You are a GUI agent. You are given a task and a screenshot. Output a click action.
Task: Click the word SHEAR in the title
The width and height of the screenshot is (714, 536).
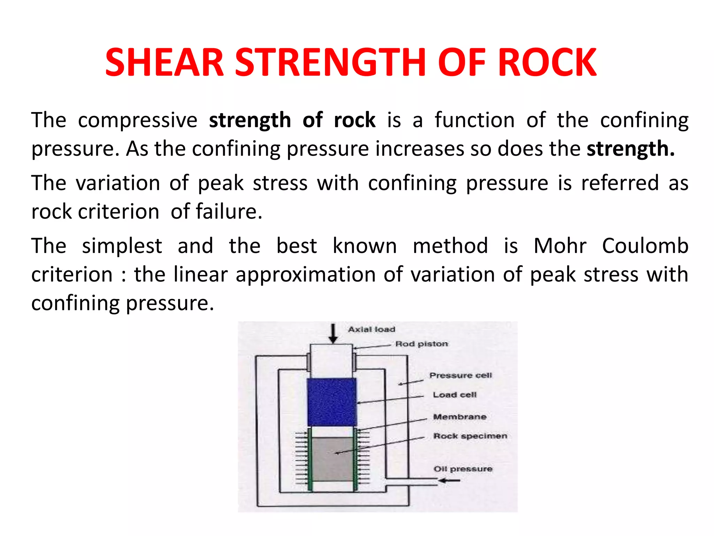coord(164,63)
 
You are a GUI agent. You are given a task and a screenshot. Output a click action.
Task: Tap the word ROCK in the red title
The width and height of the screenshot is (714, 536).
coord(547,63)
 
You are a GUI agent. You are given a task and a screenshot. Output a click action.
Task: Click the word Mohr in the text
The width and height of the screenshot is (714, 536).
coord(560,246)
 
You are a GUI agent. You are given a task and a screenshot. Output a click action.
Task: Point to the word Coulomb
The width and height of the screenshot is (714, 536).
coord(645,246)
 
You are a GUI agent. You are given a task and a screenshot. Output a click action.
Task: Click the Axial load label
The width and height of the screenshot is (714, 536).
coord(372,329)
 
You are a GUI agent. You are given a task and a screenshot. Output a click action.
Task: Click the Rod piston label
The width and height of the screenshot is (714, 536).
coord(421,344)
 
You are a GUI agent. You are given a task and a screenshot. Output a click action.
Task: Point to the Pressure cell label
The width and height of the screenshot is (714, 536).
coord(461,375)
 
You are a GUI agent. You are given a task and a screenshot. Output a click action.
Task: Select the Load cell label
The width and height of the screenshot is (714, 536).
coord(455,395)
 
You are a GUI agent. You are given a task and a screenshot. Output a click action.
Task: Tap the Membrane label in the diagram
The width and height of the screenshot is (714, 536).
coord(459,417)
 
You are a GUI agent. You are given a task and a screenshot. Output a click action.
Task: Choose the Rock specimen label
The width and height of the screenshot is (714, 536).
coord(470,436)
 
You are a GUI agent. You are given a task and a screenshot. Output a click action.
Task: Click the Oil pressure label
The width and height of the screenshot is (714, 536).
coord(463,469)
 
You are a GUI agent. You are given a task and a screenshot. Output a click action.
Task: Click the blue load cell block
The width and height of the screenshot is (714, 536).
coord(332,402)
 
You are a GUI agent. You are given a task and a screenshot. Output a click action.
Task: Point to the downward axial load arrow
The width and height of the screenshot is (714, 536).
coord(333,333)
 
